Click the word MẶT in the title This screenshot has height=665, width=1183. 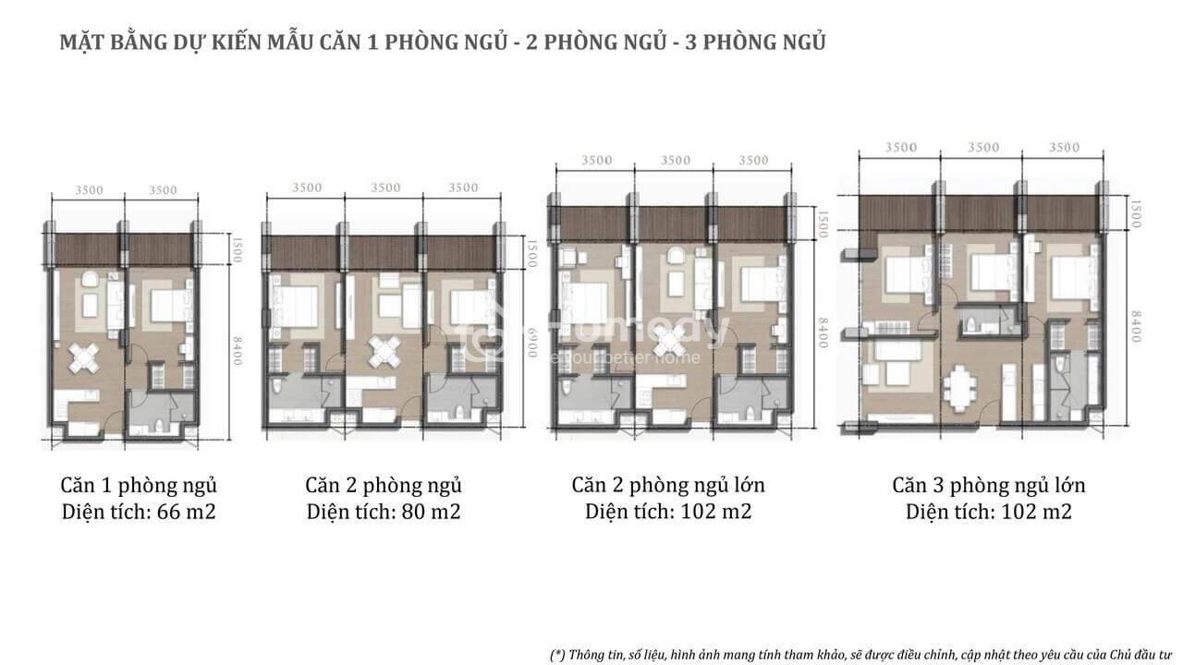click(x=82, y=42)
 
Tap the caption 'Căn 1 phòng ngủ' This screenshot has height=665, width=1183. click(x=139, y=486)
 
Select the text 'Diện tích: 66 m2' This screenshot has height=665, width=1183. click(x=139, y=512)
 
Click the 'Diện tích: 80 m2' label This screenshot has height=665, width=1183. click(x=384, y=512)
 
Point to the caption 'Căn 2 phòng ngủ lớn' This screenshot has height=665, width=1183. click(x=668, y=486)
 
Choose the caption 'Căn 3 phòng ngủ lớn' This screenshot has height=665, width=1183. click(x=989, y=486)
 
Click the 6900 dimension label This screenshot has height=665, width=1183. click(x=531, y=342)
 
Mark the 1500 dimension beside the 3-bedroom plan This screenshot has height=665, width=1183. click(x=1135, y=213)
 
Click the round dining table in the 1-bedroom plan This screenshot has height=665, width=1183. click(x=85, y=359)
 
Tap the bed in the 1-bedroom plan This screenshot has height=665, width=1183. click(x=170, y=305)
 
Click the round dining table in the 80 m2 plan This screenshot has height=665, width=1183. click(x=384, y=351)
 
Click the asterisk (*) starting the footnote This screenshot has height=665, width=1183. click(x=558, y=655)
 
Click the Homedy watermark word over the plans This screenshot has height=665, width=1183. click(x=639, y=330)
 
